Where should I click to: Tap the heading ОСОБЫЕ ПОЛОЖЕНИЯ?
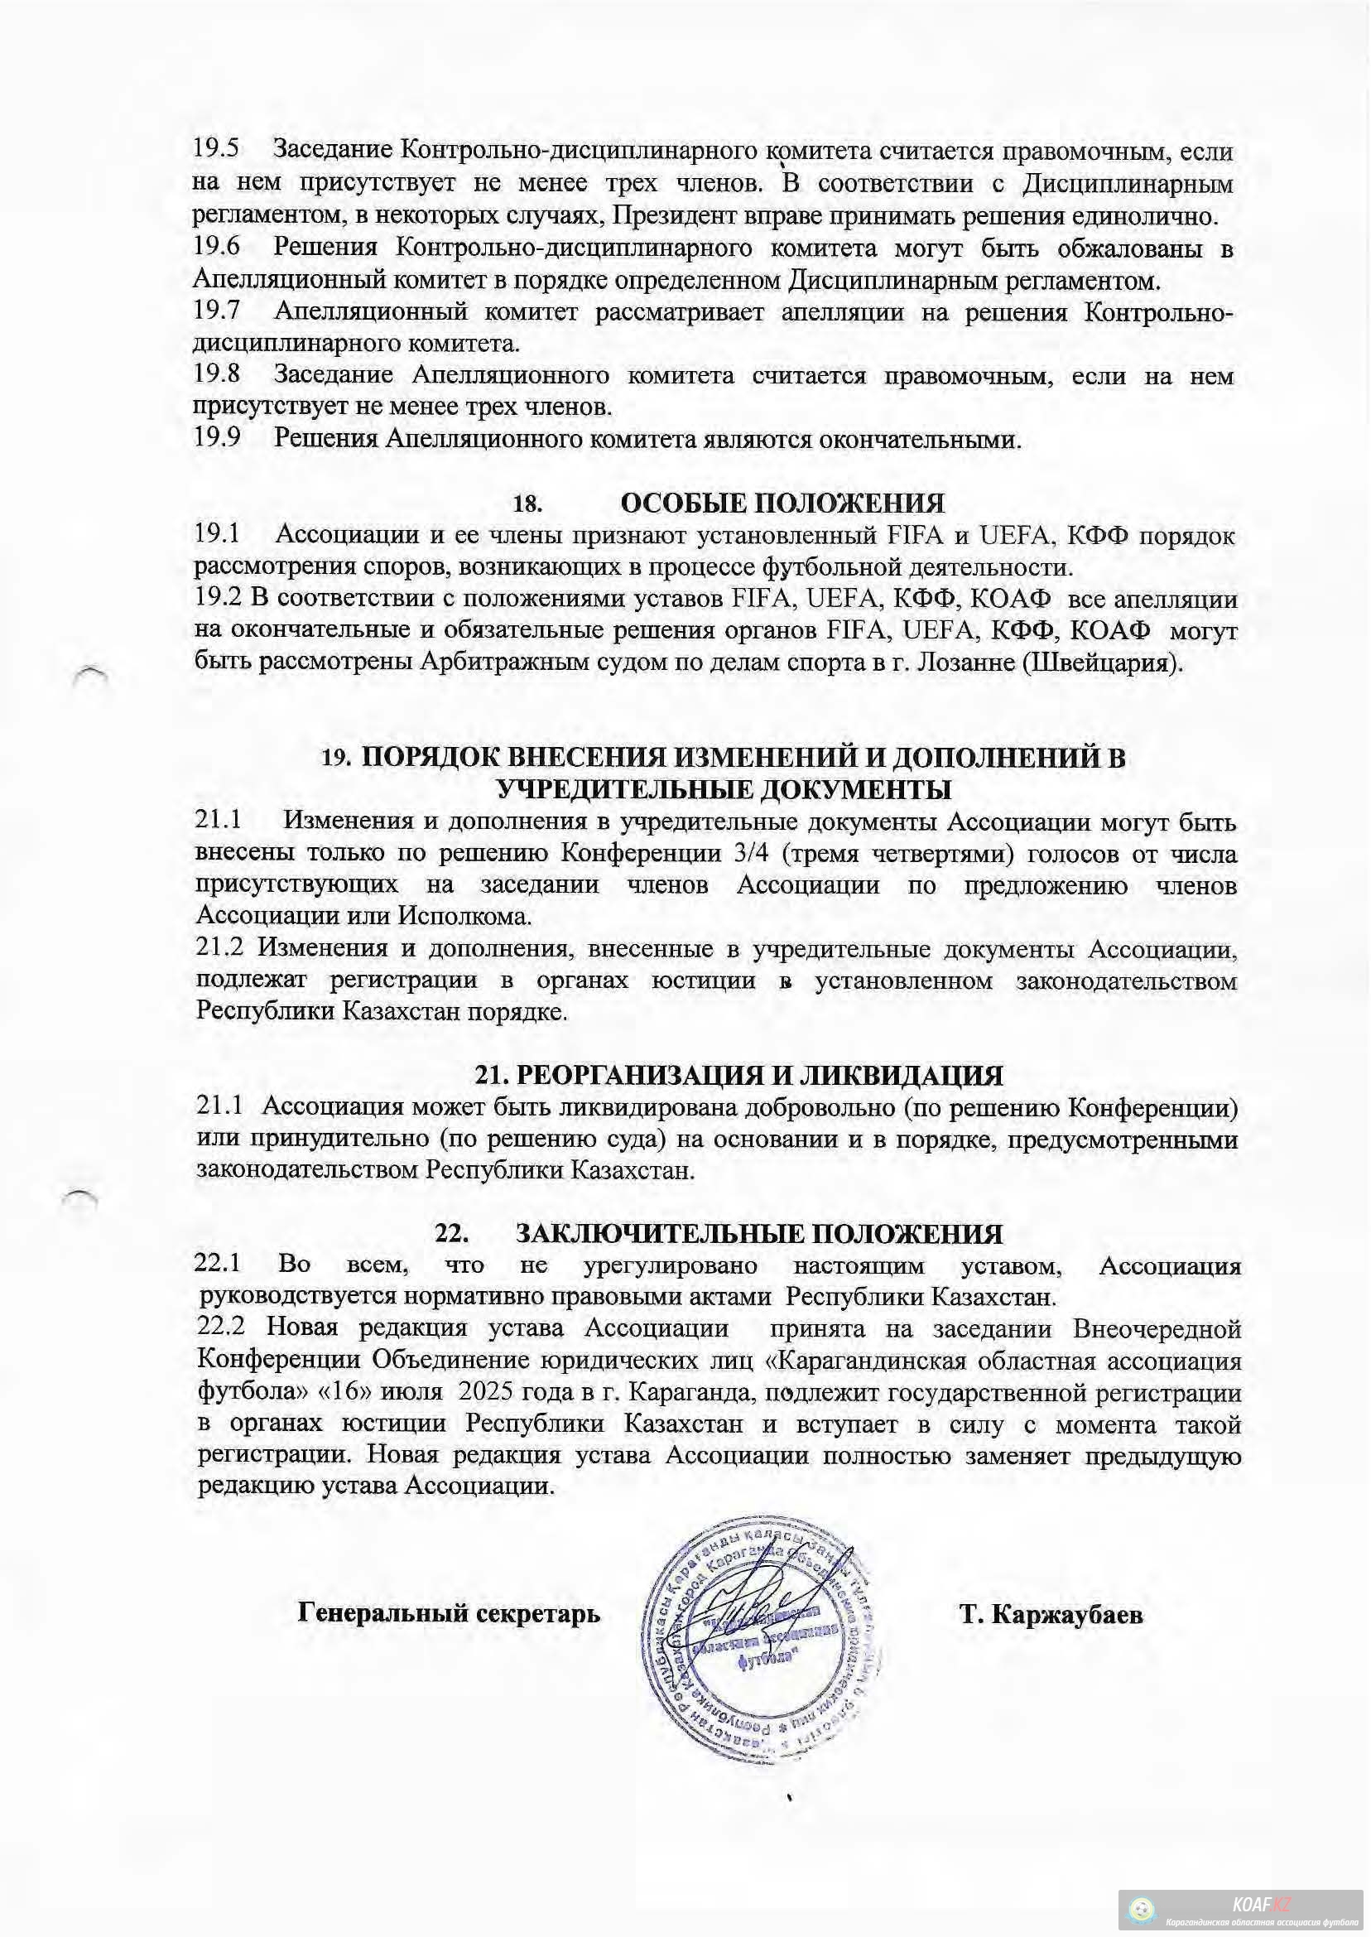pos(782,504)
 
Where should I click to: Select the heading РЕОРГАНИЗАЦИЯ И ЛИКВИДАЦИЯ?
pos(759,1076)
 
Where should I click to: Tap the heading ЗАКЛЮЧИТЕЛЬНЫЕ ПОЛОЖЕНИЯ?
pos(759,1234)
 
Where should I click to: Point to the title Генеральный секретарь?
pos(449,1613)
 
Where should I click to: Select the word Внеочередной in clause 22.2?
pos(1157,1328)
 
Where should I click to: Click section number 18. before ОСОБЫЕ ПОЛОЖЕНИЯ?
pos(527,505)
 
